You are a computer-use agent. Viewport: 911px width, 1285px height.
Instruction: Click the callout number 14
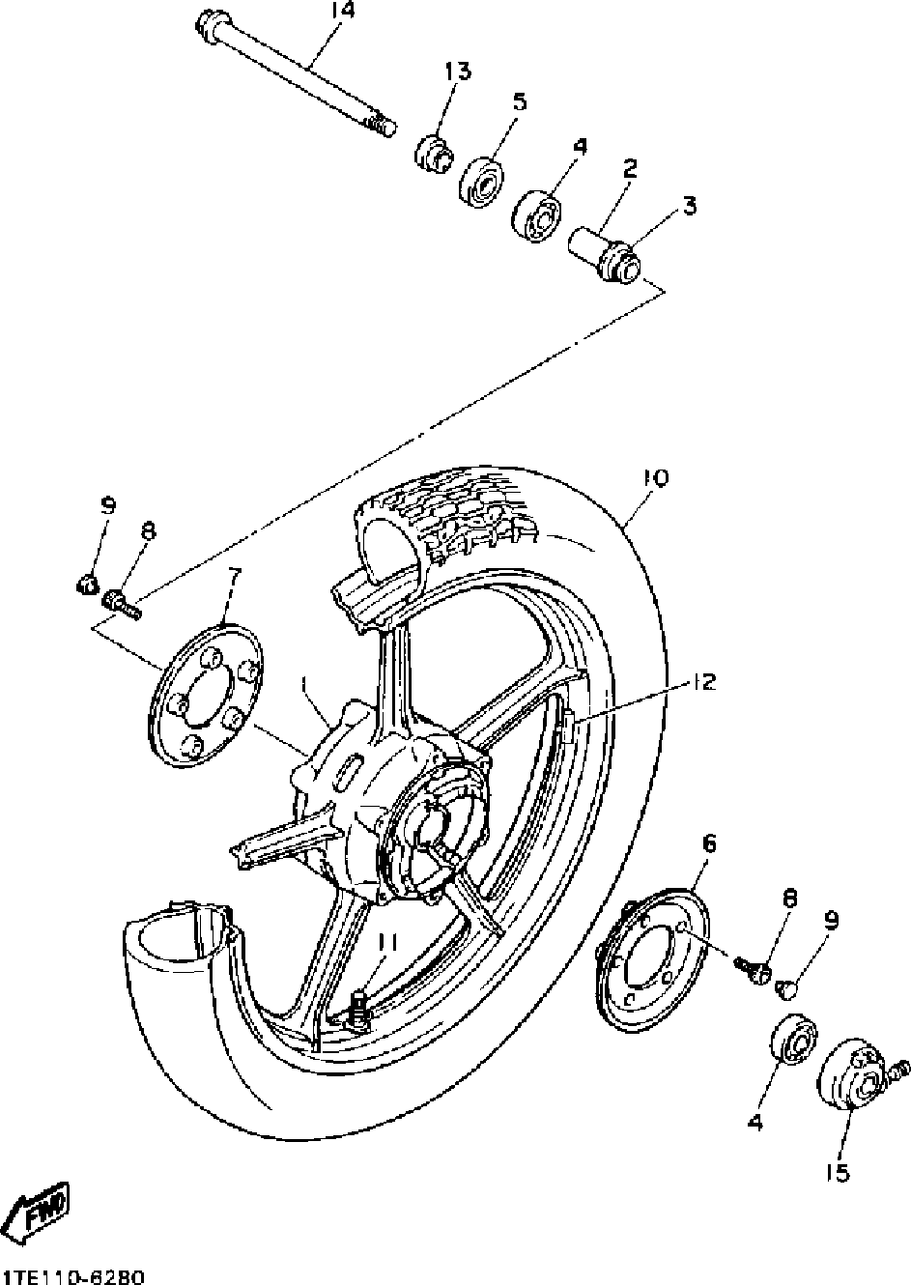click(x=343, y=11)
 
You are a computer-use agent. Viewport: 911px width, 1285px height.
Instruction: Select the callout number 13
click(x=457, y=71)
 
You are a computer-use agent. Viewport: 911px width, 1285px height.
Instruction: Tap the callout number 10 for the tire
click(x=654, y=478)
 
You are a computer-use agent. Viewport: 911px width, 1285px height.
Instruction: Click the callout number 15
click(x=836, y=1173)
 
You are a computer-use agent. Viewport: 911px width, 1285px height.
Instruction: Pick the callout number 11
click(x=386, y=940)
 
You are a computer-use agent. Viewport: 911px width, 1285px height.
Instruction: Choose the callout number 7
click(x=234, y=577)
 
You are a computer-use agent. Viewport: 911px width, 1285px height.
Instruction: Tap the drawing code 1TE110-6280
click(x=74, y=1276)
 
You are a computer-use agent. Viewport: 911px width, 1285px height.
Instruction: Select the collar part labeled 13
click(x=433, y=152)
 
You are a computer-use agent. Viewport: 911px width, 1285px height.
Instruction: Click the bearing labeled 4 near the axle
click(x=537, y=211)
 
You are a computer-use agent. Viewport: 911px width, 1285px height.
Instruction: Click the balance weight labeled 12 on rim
click(x=567, y=723)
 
